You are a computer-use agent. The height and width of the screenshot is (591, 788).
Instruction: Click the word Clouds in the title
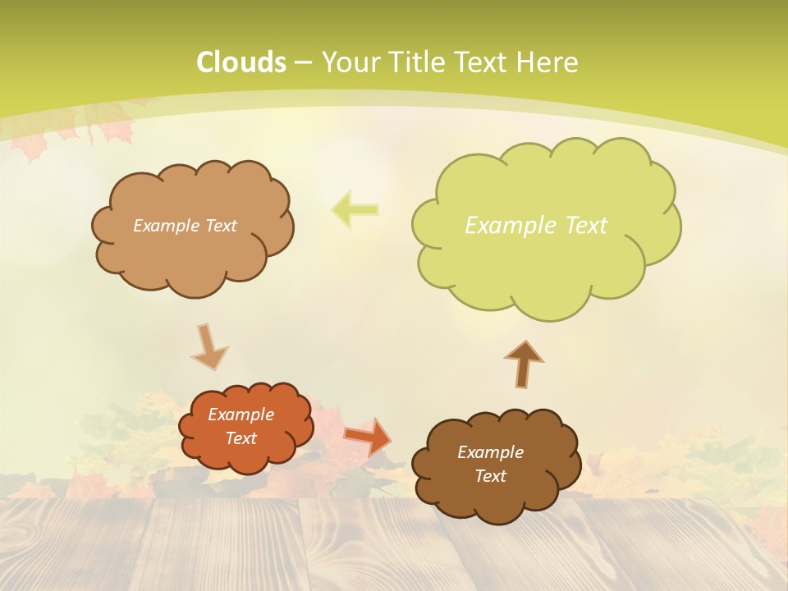tap(241, 62)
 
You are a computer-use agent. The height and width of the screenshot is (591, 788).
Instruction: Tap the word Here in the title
tap(548, 62)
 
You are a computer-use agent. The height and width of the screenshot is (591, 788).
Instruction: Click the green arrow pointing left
tap(355, 209)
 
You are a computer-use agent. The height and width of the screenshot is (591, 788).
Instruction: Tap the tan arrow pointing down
tap(208, 346)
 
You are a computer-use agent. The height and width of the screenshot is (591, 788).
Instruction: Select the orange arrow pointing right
tap(368, 436)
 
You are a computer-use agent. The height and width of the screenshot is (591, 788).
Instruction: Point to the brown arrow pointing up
tap(524, 363)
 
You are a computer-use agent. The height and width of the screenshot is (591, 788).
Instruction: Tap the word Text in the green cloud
tap(580, 225)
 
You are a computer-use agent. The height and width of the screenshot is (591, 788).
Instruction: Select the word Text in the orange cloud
tap(241, 438)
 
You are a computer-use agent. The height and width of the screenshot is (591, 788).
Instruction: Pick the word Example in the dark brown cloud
tap(490, 452)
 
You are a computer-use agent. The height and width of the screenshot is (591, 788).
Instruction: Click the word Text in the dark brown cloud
tap(490, 476)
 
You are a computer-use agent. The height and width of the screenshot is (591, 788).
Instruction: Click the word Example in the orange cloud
tap(241, 415)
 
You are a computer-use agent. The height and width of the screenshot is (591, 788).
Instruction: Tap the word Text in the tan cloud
tap(219, 226)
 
